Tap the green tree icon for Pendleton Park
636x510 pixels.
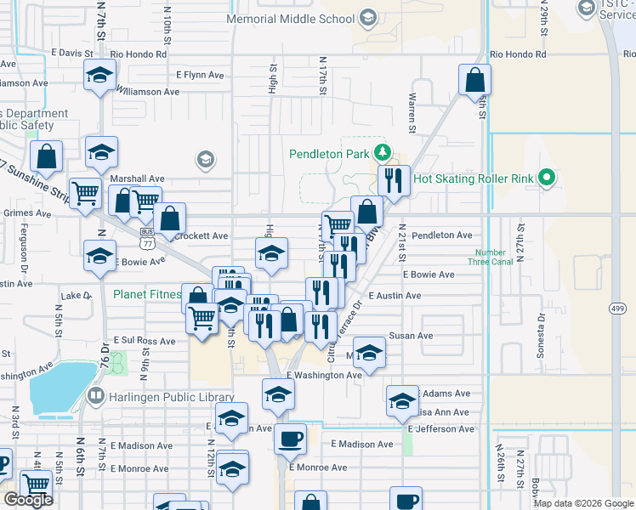(383, 153)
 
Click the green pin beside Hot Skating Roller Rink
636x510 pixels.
(548, 178)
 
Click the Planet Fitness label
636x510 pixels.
(147, 295)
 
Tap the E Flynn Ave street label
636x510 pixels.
(200, 75)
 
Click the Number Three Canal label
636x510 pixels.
(491, 257)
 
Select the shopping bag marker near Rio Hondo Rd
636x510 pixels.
(474, 81)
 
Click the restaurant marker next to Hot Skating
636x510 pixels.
(392, 181)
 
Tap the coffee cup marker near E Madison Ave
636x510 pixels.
(290, 439)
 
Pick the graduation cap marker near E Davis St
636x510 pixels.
(99, 76)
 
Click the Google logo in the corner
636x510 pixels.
(28, 500)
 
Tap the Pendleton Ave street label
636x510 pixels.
(441, 235)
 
